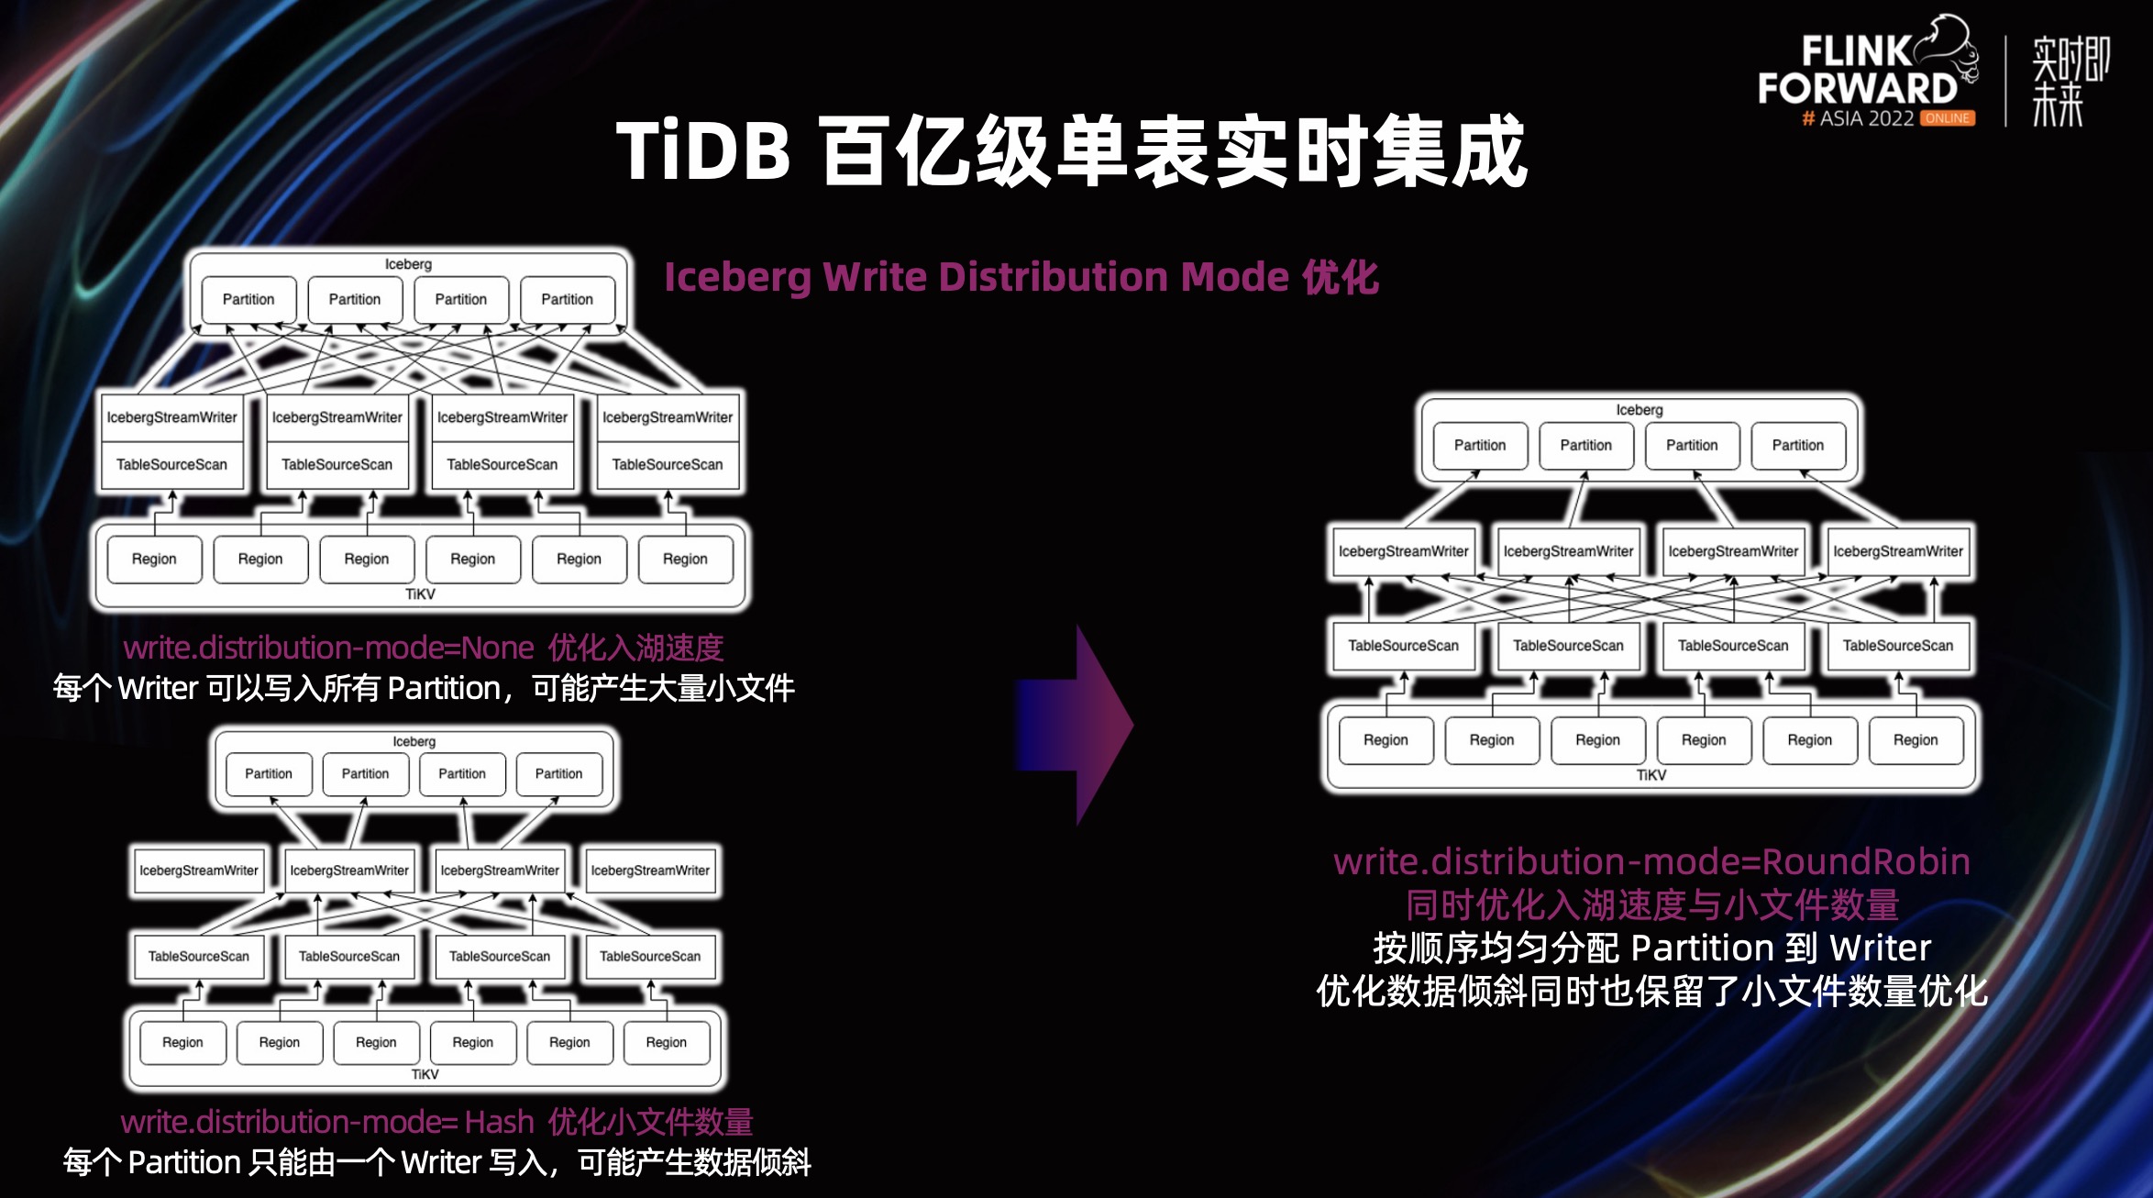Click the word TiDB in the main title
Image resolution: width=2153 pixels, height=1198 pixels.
tap(703, 151)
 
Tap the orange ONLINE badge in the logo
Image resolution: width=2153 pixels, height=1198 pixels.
tap(1947, 118)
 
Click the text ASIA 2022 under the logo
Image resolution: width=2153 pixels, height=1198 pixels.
tap(1866, 118)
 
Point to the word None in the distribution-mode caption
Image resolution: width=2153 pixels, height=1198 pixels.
tap(498, 649)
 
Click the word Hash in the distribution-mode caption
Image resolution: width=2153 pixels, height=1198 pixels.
tap(499, 1122)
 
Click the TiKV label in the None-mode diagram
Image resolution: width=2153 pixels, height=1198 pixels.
tap(420, 594)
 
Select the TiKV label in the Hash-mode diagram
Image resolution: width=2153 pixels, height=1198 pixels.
tap(425, 1074)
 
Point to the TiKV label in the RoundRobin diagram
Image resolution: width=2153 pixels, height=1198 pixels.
tap(1651, 775)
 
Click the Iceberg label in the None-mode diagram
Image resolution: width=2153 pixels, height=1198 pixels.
tap(408, 264)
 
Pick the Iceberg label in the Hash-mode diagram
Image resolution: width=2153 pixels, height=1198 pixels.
tap(414, 741)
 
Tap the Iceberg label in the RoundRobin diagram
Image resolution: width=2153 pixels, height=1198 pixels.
tap(1640, 410)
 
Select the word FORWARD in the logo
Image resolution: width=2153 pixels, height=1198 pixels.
tap(1857, 89)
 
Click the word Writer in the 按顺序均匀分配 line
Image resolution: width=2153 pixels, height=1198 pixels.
tap(1880, 948)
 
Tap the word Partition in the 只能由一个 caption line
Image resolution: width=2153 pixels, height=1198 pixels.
tap(184, 1163)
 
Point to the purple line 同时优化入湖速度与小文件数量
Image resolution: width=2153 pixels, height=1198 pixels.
tap(1651, 905)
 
